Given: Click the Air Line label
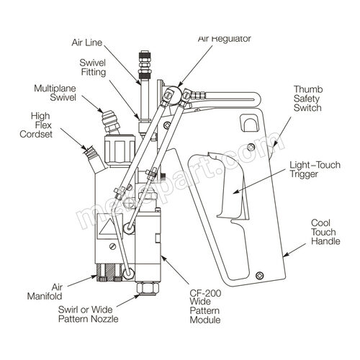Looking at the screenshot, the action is (87, 42).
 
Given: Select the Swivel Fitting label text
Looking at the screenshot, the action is (93, 68).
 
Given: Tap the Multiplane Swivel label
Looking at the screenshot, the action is (55, 93).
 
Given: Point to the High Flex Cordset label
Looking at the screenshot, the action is (36, 125).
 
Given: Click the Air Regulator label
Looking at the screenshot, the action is (225, 39).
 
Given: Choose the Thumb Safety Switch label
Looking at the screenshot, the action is (308, 99).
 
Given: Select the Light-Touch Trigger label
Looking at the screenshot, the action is (315, 169).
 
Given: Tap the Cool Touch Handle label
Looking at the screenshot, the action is (325, 232).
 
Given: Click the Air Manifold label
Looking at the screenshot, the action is (45, 292).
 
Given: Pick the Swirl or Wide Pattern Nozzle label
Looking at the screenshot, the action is (89, 314).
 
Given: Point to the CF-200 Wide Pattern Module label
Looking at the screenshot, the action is (205, 306).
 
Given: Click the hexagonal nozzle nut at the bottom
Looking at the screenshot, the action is (147, 288).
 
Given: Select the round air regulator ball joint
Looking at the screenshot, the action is (174, 94).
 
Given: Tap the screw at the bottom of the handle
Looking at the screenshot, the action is (260, 275).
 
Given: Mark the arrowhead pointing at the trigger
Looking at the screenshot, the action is (237, 191).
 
